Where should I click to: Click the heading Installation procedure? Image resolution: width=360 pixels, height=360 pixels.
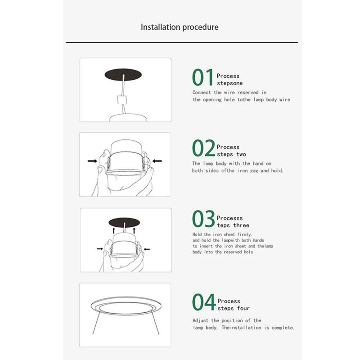180,27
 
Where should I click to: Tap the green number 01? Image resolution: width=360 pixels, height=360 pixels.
203,77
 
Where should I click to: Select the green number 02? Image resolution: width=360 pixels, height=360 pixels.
204,148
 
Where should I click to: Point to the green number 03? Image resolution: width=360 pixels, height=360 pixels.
204,219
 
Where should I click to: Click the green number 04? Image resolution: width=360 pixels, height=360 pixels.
204,302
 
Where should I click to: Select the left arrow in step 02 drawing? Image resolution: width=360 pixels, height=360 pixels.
92,160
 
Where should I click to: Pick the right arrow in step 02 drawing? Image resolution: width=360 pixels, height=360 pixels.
157,160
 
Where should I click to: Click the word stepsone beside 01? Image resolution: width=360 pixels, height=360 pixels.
229,83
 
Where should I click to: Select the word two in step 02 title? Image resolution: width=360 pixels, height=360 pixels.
241,154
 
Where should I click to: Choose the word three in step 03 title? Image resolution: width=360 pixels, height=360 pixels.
241,225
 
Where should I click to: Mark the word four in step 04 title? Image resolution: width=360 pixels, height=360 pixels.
242,308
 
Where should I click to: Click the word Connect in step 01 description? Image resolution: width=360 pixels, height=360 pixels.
202,92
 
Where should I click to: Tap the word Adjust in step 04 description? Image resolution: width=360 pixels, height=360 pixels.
201,320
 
